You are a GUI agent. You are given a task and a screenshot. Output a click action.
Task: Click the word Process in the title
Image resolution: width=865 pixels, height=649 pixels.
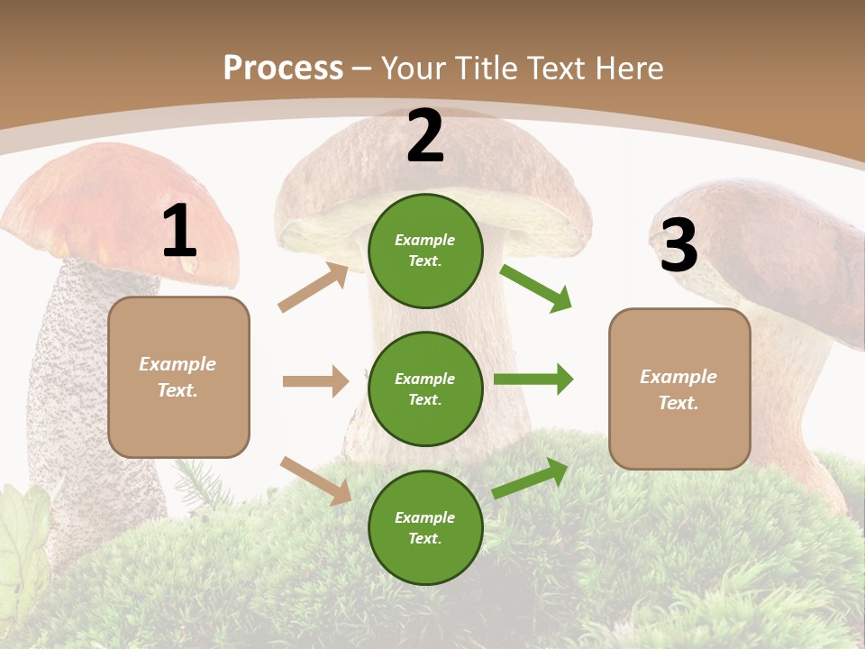pyautogui.click(x=283, y=68)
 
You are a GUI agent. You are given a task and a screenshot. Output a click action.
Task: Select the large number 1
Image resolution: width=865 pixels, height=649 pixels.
pyautogui.click(x=179, y=232)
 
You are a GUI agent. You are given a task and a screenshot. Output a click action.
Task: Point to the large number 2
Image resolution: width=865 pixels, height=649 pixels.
pyautogui.click(x=425, y=136)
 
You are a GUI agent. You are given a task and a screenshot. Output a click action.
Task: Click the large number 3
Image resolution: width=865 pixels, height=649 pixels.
pyautogui.click(x=678, y=245)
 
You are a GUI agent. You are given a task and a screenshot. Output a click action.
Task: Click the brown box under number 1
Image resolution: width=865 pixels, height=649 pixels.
pyautogui.click(x=178, y=377)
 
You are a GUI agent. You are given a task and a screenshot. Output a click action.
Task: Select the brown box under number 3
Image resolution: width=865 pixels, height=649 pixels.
pyautogui.click(x=679, y=389)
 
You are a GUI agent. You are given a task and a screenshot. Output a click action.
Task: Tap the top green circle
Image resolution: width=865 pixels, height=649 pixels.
pyautogui.click(x=425, y=251)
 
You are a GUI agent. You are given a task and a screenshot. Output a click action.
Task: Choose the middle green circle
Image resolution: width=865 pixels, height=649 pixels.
pyautogui.click(x=425, y=388)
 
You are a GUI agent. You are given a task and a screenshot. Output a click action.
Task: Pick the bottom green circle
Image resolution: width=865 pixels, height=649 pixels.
pyautogui.click(x=425, y=527)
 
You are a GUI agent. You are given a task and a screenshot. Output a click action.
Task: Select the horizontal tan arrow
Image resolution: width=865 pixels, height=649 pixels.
pyautogui.click(x=315, y=381)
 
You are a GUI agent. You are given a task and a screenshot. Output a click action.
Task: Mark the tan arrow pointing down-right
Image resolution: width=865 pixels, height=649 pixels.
pyautogui.click(x=315, y=480)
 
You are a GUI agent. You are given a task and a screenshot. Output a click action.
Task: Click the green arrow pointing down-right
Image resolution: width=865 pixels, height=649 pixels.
pyautogui.click(x=536, y=288)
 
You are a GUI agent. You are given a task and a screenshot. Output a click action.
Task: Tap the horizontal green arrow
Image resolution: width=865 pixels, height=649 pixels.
pyautogui.click(x=533, y=379)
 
